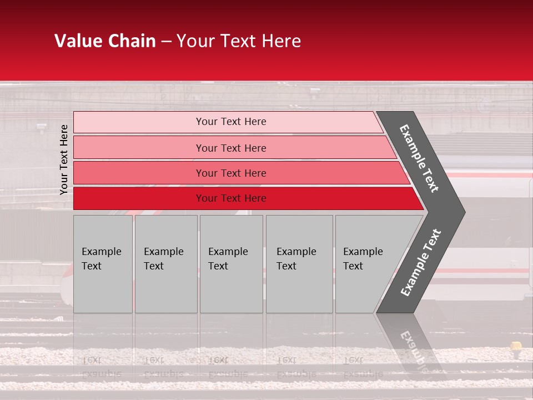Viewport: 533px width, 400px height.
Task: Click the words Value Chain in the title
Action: point(105,41)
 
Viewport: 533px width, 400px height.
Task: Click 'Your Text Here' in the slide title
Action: point(239,41)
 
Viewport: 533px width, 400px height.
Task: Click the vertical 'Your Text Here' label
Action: point(64,159)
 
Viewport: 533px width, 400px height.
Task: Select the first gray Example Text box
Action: point(103,264)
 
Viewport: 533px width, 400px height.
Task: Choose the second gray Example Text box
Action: point(165,264)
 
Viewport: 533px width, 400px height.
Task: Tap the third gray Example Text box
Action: point(231,264)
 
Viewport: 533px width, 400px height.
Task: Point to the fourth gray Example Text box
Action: point(299,264)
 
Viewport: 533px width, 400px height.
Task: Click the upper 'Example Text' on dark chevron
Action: point(419,158)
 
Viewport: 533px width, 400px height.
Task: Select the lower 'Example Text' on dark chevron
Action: point(421,263)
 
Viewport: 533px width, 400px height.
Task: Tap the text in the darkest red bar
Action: point(231,198)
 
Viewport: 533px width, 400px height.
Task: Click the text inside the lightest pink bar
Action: point(231,122)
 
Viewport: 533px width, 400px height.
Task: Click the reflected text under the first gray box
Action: point(101,367)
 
